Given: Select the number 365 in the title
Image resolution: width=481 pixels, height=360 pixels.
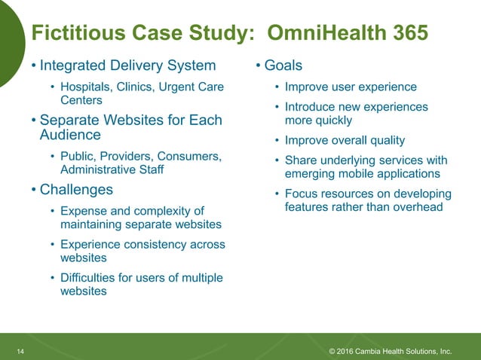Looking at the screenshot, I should coord(405,34).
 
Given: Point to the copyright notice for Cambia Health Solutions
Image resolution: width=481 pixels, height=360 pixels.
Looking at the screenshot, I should coord(391,351).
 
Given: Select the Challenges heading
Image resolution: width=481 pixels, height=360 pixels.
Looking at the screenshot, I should coord(76,189).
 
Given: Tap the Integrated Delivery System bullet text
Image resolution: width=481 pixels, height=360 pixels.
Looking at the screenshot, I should coord(127,66).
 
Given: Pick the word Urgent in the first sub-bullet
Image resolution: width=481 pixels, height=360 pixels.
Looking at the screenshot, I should coord(179,87).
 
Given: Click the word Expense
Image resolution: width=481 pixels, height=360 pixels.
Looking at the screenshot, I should coord(84,210).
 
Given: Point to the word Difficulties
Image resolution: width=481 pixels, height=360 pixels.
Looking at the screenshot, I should coord(87,278).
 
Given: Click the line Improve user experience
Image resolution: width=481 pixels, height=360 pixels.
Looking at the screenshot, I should coord(351,87).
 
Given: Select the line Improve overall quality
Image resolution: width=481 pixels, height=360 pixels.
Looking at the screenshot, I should coord(345,140).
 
